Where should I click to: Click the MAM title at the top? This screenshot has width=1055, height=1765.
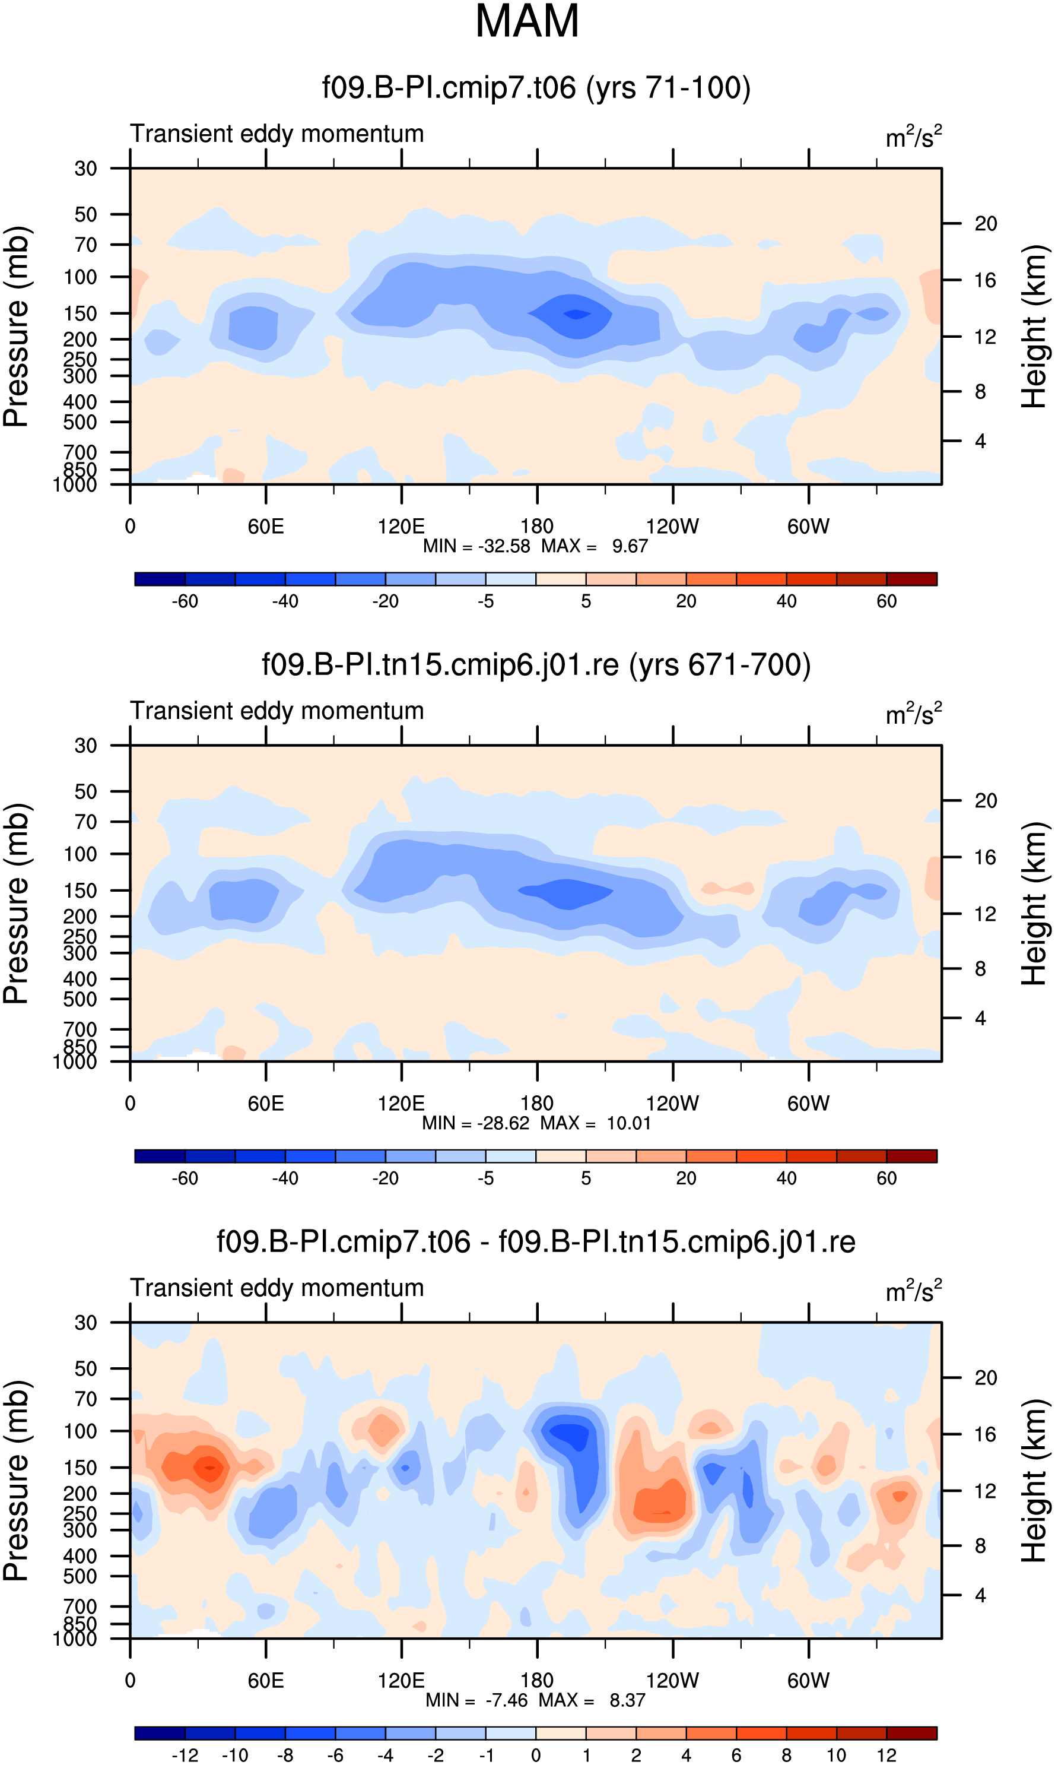pos(527,21)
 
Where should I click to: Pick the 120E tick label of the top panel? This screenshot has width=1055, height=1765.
pos(401,527)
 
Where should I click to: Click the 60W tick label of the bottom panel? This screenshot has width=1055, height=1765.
pos(808,1680)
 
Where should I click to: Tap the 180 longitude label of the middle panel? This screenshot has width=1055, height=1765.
pos(537,1104)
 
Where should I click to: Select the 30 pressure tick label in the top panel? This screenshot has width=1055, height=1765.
pos(85,169)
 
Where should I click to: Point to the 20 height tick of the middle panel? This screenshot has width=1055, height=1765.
pos(986,801)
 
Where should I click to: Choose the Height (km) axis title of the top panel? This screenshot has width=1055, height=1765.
pos(1034,327)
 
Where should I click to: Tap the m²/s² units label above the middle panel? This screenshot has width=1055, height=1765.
pos(914,713)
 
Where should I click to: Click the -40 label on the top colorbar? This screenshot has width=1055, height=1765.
pos(285,601)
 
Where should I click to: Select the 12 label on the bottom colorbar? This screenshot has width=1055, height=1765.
pos(886,1755)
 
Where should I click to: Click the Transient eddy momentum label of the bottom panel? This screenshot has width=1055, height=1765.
pos(277,1288)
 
